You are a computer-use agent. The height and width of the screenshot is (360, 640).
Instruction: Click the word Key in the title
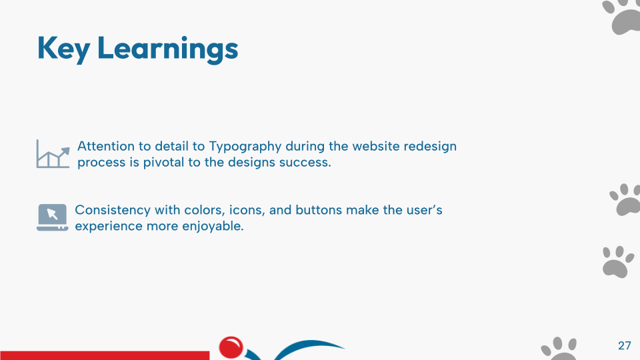pos(64,49)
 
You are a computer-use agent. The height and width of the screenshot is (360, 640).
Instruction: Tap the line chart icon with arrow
pos(53,154)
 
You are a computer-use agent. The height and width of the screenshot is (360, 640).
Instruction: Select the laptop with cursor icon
pos(52,217)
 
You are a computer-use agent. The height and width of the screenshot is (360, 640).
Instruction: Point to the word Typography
pos(245,147)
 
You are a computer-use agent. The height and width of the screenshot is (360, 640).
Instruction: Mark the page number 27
pos(625,346)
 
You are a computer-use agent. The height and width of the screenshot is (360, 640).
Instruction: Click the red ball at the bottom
pos(231,347)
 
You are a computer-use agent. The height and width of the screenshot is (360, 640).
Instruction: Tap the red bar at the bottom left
pos(105,355)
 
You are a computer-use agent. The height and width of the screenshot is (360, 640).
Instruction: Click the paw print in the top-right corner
pos(621,16)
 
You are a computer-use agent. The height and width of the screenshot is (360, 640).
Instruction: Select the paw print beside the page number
pos(559,349)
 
